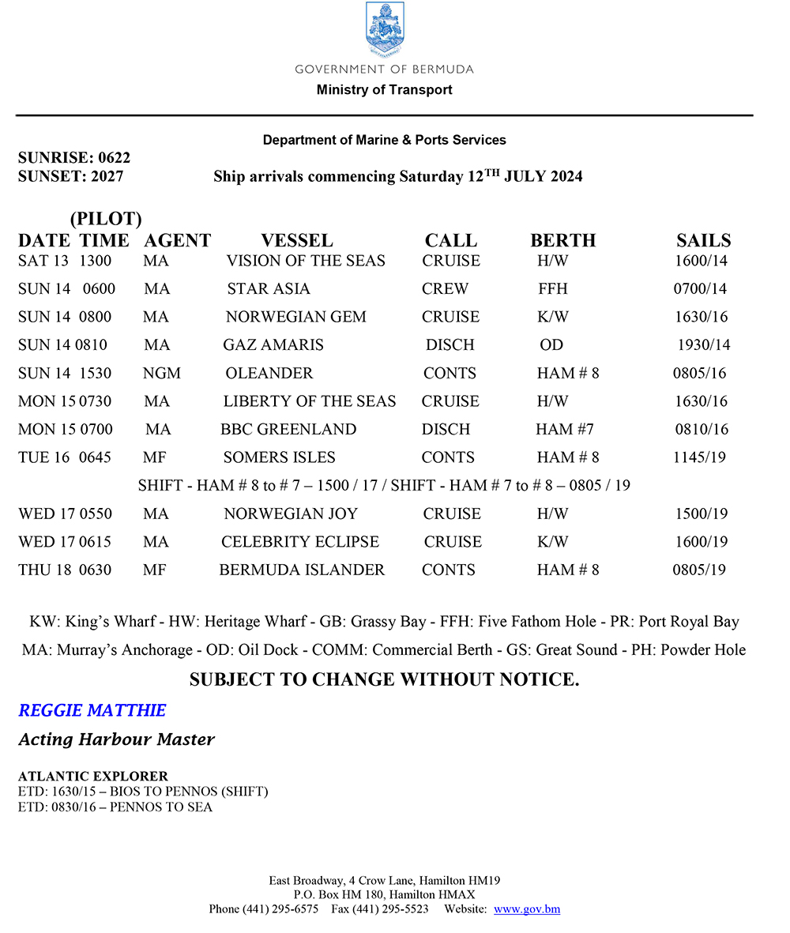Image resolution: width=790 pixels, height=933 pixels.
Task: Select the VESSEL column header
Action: click(297, 240)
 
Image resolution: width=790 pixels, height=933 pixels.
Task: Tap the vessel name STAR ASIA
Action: click(269, 289)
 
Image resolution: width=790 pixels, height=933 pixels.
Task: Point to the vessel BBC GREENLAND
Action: click(288, 430)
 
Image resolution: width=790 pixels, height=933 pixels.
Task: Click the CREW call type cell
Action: click(445, 289)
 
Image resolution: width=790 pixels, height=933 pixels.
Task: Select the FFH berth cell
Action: click(552, 289)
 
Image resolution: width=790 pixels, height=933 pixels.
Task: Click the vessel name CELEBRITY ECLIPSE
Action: click(300, 542)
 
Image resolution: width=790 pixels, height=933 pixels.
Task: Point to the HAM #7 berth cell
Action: click(564, 430)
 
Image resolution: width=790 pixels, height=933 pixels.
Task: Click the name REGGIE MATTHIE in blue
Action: click(92, 710)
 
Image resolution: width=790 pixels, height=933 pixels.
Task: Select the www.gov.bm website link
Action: click(527, 909)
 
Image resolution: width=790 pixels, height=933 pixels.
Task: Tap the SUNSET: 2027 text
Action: click(70, 176)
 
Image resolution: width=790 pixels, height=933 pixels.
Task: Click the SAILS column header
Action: click(703, 240)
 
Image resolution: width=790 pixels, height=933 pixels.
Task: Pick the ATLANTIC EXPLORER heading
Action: click(93, 777)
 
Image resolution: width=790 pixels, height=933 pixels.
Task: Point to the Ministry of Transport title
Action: click(385, 89)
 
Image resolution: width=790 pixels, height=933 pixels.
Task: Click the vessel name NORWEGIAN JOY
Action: click(290, 514)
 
